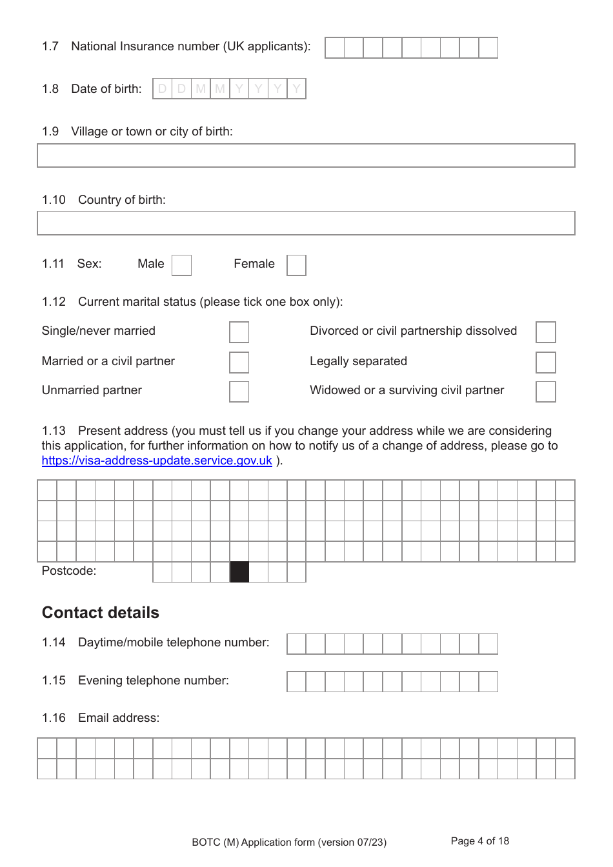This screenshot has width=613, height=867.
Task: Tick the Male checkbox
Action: click(x=181, y=265)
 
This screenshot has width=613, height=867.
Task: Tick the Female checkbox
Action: click(x=296, y=265)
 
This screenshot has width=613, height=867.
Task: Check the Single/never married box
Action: click(x=239, y=332)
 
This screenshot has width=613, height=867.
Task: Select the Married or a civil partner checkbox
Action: click(x=239, y=362)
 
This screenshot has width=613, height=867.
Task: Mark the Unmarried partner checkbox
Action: click(x=239, y=391)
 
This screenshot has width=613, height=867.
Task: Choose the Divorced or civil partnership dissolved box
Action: click(x=545, y=332)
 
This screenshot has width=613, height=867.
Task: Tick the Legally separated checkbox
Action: click(x=545, y=362)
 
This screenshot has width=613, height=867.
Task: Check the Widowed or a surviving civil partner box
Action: click(x=545, y=391)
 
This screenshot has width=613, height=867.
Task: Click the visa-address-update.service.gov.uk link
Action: click(x=157, y=461)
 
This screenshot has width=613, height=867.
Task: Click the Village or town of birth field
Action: click(x=306, y=155)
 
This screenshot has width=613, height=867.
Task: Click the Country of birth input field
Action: click(x=306, y=223)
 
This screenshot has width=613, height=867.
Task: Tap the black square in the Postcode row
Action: click(x=239, y=572)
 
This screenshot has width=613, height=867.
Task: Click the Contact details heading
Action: click(x=101, y=612)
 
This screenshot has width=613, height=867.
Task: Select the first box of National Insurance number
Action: click(x=335, y=48)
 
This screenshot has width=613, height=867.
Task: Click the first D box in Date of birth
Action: click(x=163, y=89)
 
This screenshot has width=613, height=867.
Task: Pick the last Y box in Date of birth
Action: click(x=296, y=89)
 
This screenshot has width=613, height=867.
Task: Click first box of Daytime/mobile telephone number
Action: click(x=297, y=644)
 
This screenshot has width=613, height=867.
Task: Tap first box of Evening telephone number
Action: click(x=297, y=681)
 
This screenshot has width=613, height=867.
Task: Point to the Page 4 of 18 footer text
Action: click(x=479, y=841)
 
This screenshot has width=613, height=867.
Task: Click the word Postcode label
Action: click(x=69, y=571)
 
